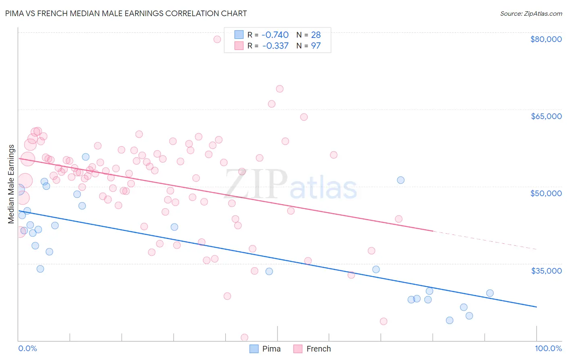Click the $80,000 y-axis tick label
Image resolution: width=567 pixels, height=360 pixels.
pyautogui.click(x=546, y=39)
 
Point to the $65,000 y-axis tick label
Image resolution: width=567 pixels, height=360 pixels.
pyautogui.click(x=546, y=116)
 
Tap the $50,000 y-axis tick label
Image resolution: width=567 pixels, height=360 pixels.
pyautogui.click(x=546, y=193)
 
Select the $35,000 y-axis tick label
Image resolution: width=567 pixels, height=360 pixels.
pyautogui.click(x=546, y=270)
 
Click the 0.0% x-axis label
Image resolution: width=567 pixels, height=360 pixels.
pyautogui.click(x=27, y=348)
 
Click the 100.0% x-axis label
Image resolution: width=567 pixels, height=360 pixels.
pyautogui.click(x=548, y=348)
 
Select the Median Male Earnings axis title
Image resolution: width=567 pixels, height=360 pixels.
pyautogui.click(x=11, y=184)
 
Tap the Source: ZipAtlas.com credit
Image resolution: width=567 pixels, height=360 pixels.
pyautogui.click(x=531, y=13)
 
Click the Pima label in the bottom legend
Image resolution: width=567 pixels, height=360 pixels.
pyautogui.click(x=271, y=349)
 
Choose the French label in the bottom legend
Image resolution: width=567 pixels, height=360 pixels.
pyautogui.click(x=318, y=349)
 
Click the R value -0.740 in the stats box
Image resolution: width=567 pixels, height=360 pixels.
pyautogui.click(x=275, y=35)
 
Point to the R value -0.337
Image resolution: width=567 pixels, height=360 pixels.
pyautogui.click(x=275, y=46)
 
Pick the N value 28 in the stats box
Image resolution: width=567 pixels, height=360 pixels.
pyautogui.click(x=316, y=35)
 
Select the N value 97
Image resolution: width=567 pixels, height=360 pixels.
pyautogui.click(x=316, y=46)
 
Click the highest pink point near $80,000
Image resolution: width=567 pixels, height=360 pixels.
pyautogui.click(x=217, y=39)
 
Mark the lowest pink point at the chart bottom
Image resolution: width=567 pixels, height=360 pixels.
pyautogui.click(x=244, y=337)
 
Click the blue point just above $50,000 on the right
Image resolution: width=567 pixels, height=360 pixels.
pyautogui.click(x=400, y=180)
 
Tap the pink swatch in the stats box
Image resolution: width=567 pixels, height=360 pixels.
pyautogui.click(x=239, y=46)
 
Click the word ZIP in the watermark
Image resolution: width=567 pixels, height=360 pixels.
pyautogui.click(x=256, y=184)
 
